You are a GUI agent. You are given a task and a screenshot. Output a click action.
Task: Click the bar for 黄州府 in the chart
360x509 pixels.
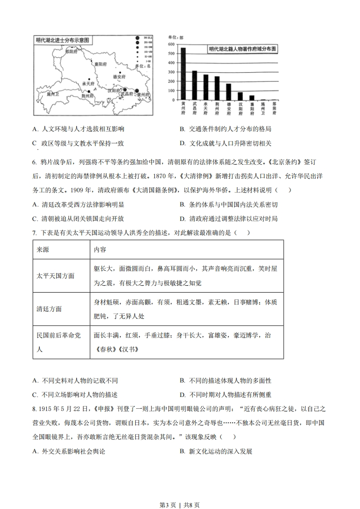[x=183, y=73]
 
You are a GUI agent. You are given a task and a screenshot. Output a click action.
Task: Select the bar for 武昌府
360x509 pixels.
[x=194, y=85]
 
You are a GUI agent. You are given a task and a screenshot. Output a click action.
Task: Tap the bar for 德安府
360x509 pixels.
[x=228, y=92]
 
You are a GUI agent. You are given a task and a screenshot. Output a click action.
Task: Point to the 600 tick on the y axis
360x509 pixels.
[x=172, y=44]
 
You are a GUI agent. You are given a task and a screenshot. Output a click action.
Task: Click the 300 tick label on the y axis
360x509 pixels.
[x=172, y=72]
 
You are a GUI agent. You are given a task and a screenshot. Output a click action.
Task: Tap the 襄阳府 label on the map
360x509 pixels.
[x=100, y=64]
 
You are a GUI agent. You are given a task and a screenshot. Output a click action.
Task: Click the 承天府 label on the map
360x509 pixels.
[x=88, y=84]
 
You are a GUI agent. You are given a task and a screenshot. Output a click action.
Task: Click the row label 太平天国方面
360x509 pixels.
[x=55, y=276]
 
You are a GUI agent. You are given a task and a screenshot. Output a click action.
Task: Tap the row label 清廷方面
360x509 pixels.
[x=49, y=309]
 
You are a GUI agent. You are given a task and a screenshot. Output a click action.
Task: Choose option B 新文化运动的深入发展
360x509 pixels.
[x=220, y=451]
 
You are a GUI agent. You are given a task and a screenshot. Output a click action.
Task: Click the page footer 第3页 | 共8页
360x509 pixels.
[x=180, y=492]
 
